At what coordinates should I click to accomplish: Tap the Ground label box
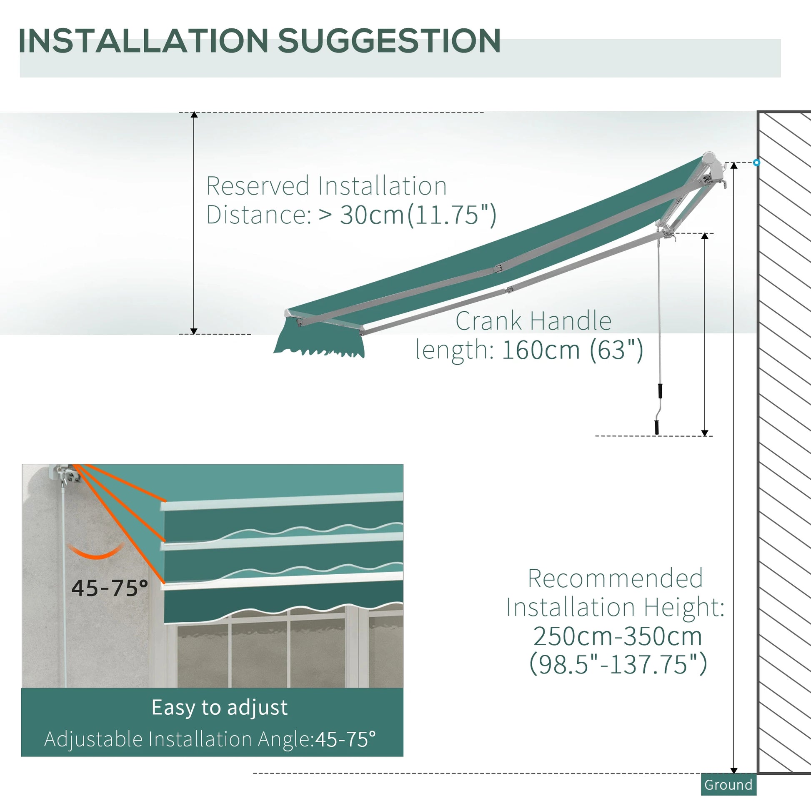coord(728,785)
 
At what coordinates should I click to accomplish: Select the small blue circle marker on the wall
coord(756,163)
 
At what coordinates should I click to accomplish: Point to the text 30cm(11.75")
coord(418,215)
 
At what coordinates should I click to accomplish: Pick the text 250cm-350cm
coord(618,636)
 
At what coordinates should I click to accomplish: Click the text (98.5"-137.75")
coord(618,663)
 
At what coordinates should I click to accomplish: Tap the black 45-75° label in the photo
coord(110,588)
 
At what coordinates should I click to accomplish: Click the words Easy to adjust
coord(220,707)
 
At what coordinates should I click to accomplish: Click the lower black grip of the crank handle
coord(657,427)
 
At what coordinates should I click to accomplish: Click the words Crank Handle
coord(533,321)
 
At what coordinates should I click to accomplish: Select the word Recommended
coord(616,578)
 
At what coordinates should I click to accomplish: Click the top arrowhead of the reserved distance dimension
coord(194,115)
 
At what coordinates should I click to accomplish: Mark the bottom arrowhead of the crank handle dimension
coord(705,433)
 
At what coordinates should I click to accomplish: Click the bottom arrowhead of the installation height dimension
coord(734,770)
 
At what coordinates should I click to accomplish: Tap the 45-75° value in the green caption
coord(345,739)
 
